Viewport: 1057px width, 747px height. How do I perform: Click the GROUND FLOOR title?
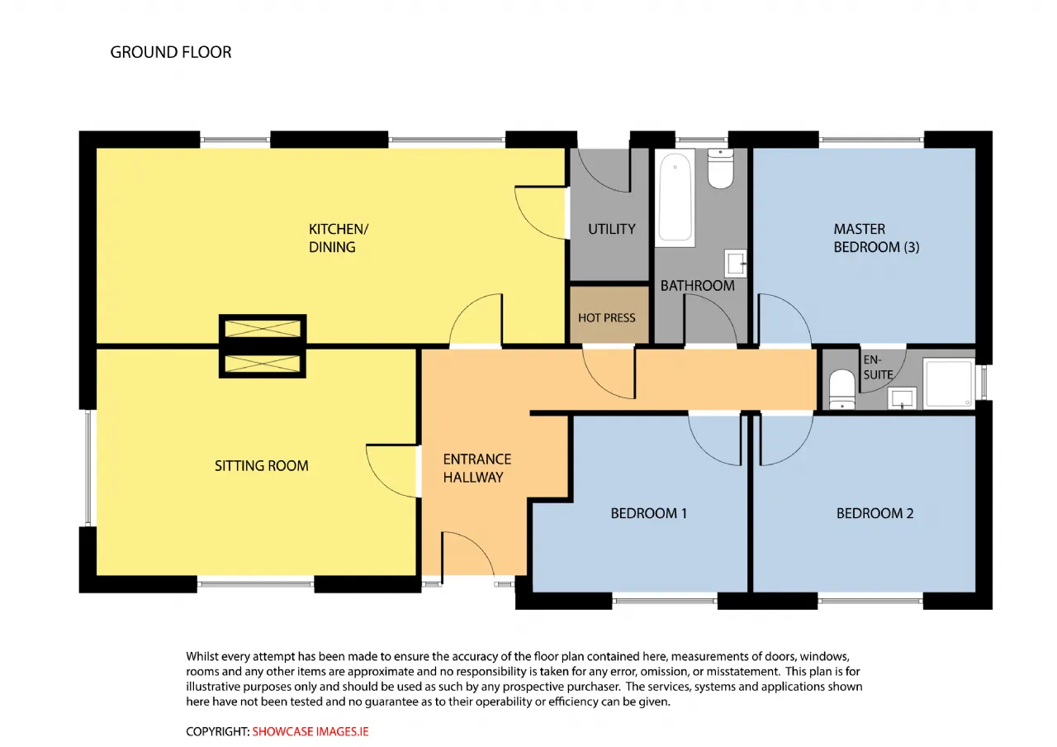pyautogui.click(x=171, y=52)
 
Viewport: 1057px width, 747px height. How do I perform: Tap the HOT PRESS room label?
pyautogui.click(x=606, y=318)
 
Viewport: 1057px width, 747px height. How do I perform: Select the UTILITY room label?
pyautogui.click(x=612, y=229)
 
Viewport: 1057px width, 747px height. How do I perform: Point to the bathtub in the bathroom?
pyautogui.click(x=675, y=197)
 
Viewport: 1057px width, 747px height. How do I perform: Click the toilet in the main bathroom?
pyautogui.click(x=721, y=169)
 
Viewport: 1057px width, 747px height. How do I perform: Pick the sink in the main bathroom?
pyautogui.click(x=736, y=264)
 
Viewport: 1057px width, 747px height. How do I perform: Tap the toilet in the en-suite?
pyautogui.click(x=841, y=389)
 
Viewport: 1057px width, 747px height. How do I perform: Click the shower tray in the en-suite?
pyautogui.click(x=949, y=383)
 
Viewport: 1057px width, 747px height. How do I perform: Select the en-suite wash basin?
pyautogui.click(x=902, y=398)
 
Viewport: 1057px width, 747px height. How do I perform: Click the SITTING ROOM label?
pyautogui.click(x=262, y=466)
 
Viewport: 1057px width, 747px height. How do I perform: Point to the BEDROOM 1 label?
pyautogui.click(x=648, y=513)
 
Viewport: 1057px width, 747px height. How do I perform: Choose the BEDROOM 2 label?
pyautogui.click(x=875, y=513)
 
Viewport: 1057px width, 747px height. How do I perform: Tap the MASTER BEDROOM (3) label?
pyautogui.click(x=876, y=238)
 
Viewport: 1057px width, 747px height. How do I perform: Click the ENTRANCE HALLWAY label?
pyautogui.click(x=477, y=468)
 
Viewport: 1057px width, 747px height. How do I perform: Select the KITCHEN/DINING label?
pyautogui.click(x=339, y=238)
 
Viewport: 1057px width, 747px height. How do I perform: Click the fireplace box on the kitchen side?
pyautogui.click(x=263, y=329)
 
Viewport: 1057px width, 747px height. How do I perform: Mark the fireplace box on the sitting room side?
pyautogui.click(x=263, y=364)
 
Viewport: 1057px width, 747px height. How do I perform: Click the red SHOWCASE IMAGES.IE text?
pyautogui.click(x=310, y=731)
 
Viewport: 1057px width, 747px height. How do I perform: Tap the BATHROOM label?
pyautogui.click(x=697, y=286)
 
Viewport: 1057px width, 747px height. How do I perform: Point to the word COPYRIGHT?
pyautogui.click(x=217, y=731)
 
